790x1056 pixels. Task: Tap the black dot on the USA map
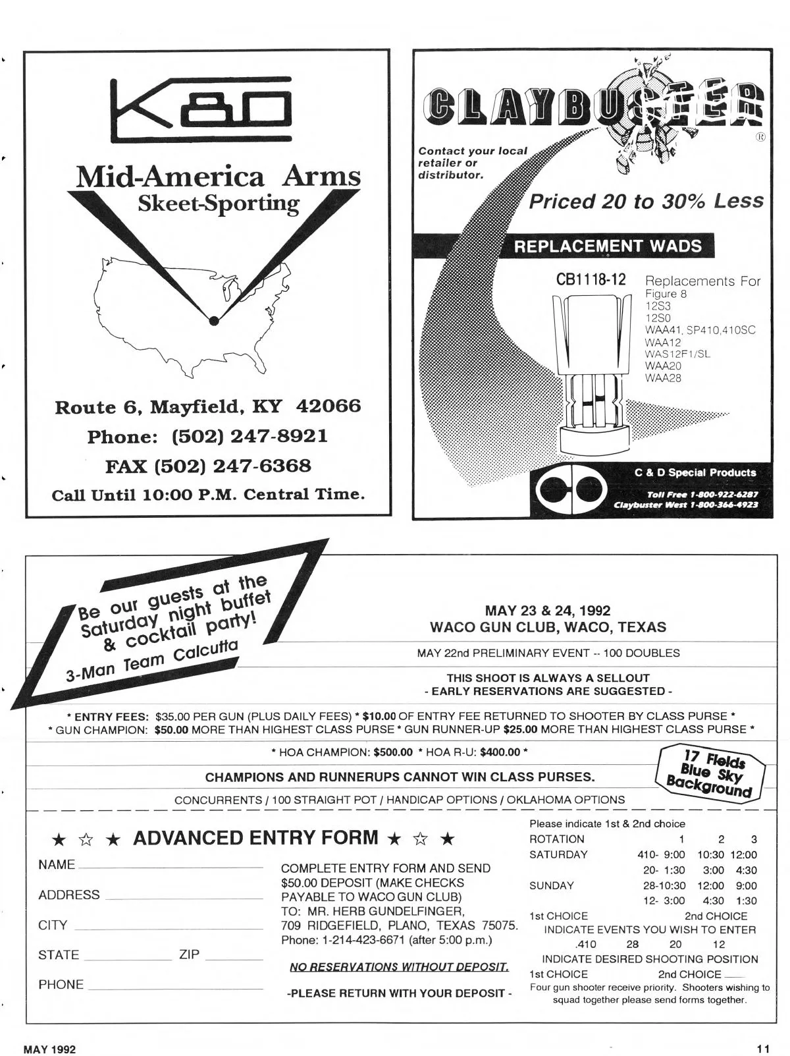click(213, 321)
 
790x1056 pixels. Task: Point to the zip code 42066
click(329, 406)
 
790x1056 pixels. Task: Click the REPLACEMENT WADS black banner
click(607, 246)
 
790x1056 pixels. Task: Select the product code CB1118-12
click(591, 279)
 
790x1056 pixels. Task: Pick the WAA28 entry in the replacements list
click(663, 378)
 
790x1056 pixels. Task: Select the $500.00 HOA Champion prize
click(393, 752)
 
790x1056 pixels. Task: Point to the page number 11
click(763, 1049)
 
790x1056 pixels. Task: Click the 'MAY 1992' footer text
click(49, 1049)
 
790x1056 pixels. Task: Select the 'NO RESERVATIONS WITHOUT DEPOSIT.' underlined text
click(399, 967)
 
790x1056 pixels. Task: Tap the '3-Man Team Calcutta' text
click(151, 661)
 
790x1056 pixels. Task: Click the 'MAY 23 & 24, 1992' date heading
click(548, 611)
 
